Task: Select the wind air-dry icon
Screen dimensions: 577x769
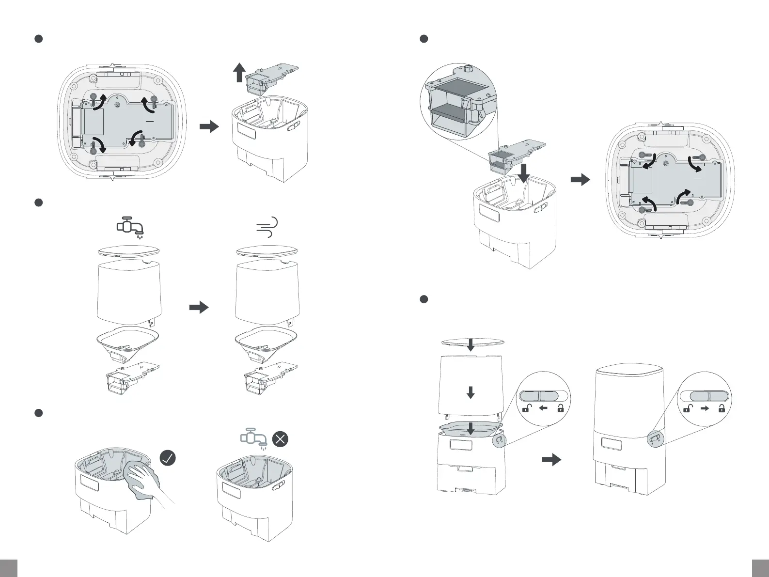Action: pos(267,227)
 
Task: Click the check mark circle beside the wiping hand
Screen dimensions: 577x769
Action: pos(168,458)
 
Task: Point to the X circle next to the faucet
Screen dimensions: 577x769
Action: pos(281,439)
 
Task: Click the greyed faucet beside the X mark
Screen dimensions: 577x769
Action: pos(254,439)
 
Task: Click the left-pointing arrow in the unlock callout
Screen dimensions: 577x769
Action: pos(543,408)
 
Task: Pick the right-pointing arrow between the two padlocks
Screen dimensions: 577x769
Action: pos(705,408)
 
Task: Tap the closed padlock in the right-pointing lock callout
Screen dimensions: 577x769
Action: pos(722,408)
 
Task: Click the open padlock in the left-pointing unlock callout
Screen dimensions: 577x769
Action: pos(525,408)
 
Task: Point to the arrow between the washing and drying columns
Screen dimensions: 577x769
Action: pos(198,307)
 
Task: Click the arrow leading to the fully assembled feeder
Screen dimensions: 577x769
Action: pos(551,459)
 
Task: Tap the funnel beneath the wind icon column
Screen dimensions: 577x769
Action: pos(266,342)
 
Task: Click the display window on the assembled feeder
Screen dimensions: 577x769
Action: pos(611,443)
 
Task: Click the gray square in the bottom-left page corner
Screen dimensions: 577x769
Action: pos(8,568)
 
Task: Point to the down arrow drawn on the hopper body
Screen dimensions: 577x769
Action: pos(470,393)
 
